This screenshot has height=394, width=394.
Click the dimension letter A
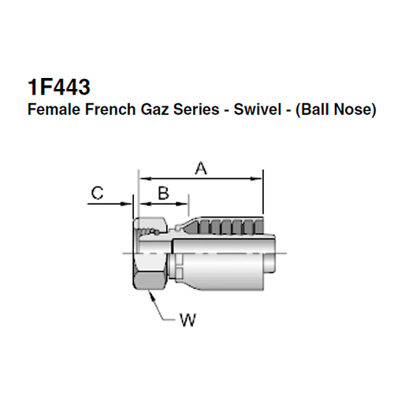(x=200, y=166)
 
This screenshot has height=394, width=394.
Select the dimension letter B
(x=164, y=192)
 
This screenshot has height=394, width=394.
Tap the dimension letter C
(x=97, y=192)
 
